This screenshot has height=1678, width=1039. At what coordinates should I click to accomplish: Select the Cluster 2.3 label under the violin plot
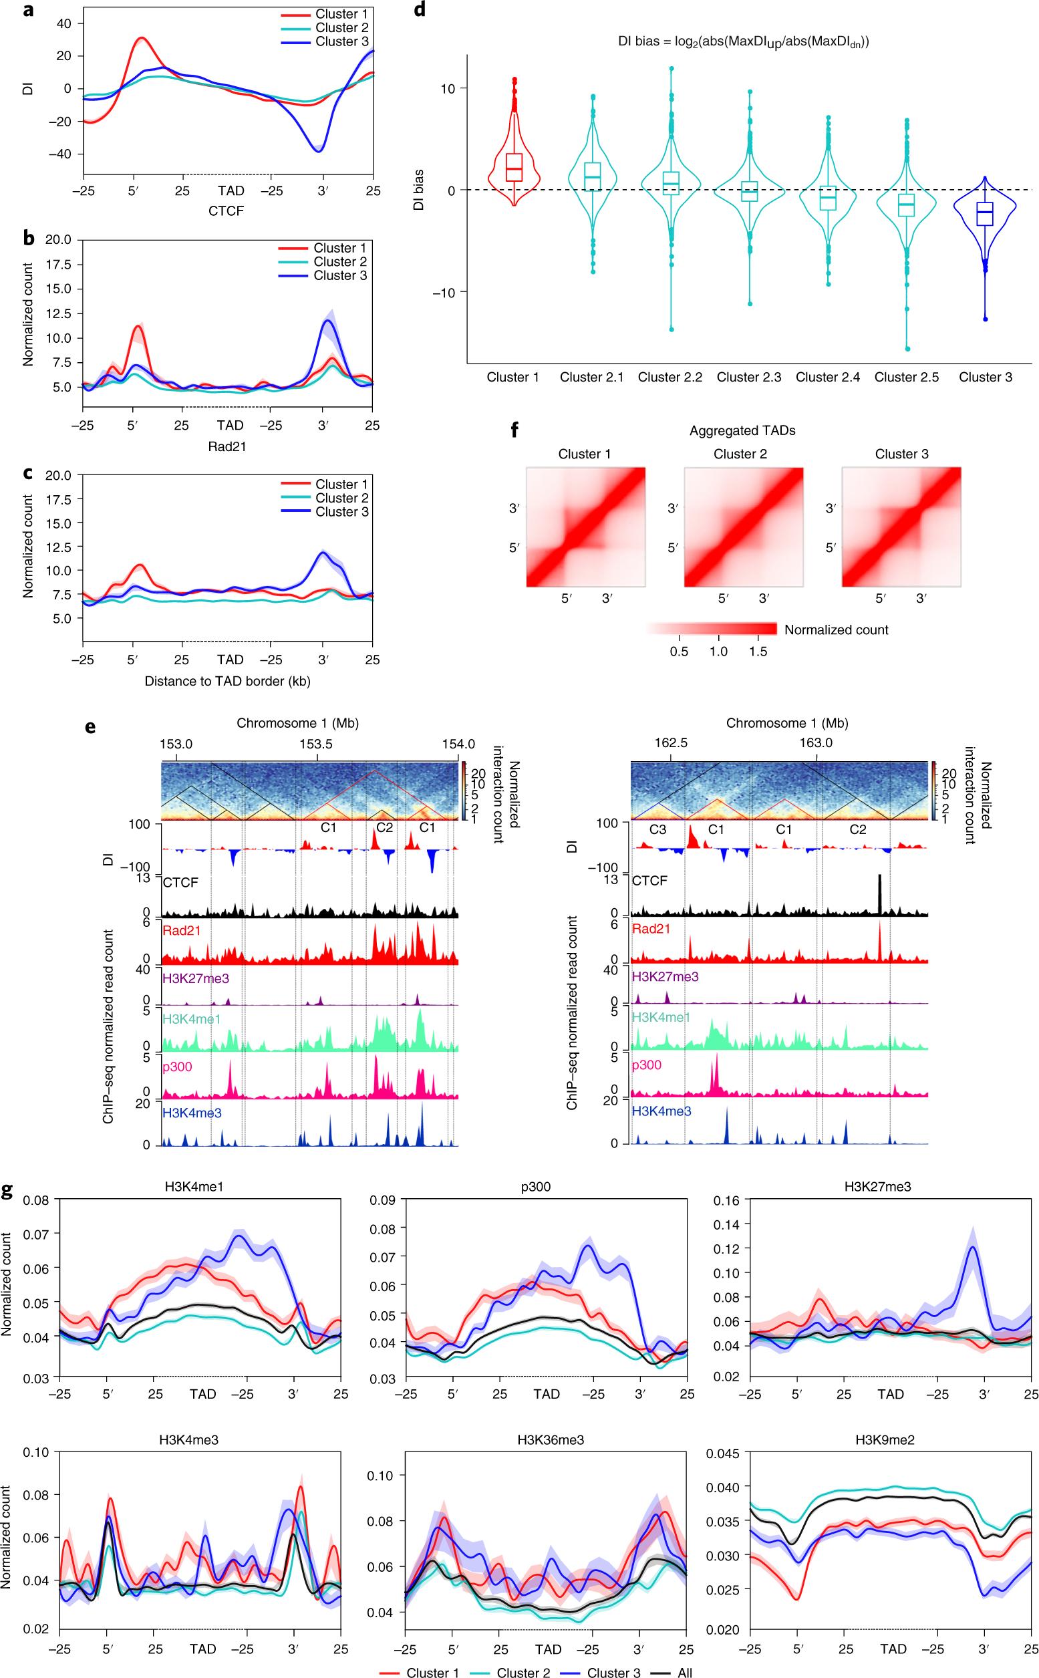(x=748, y=378)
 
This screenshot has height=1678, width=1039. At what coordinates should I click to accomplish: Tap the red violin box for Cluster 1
(x=512, y=168)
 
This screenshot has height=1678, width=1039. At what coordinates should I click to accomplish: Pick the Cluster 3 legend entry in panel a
(x=341, y=42)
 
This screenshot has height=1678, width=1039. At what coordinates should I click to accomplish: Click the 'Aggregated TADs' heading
(x=742, y=431)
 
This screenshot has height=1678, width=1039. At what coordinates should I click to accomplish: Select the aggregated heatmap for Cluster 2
(x=744, y=527)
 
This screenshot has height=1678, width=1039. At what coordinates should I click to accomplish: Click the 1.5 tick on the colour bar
(x=758, y=652)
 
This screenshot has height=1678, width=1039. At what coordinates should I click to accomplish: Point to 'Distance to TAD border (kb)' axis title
(x=227, y=681)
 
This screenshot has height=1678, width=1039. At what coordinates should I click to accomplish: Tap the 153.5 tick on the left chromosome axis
(x=317, y=744)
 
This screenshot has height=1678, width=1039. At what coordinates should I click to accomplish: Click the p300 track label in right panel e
(x=647, y=1065)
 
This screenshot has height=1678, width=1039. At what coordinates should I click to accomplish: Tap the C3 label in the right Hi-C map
(x=657, y=829)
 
